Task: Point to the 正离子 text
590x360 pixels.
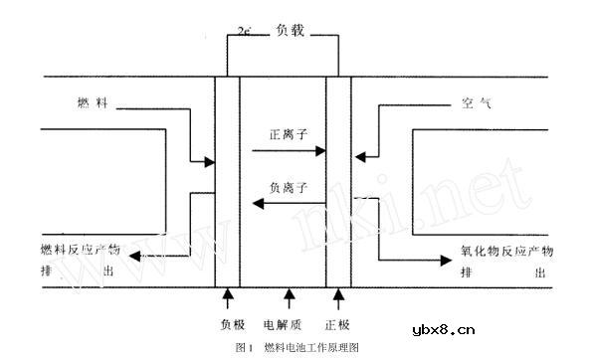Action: click(x=288, y=132)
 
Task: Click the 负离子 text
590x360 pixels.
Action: click(x=288, y=185)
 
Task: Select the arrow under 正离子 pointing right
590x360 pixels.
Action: click(x=288, y=151)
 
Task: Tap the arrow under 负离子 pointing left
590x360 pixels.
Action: click(x=288, y=204)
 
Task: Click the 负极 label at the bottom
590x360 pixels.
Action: click(x=231, y=324)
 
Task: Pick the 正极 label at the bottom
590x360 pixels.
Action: click(x=338, y=324)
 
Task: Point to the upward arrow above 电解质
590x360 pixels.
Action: click(x=290, y=295)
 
